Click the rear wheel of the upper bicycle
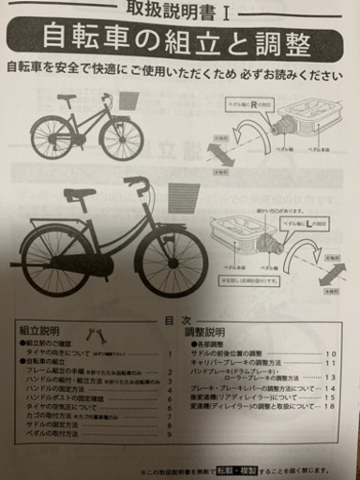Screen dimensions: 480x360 pyautogui.click(x=52, y=138)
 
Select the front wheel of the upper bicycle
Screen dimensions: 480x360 pyautogui.click(x=122, y=139)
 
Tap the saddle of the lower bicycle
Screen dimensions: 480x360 pyautogui.click(x=81, y=195)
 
